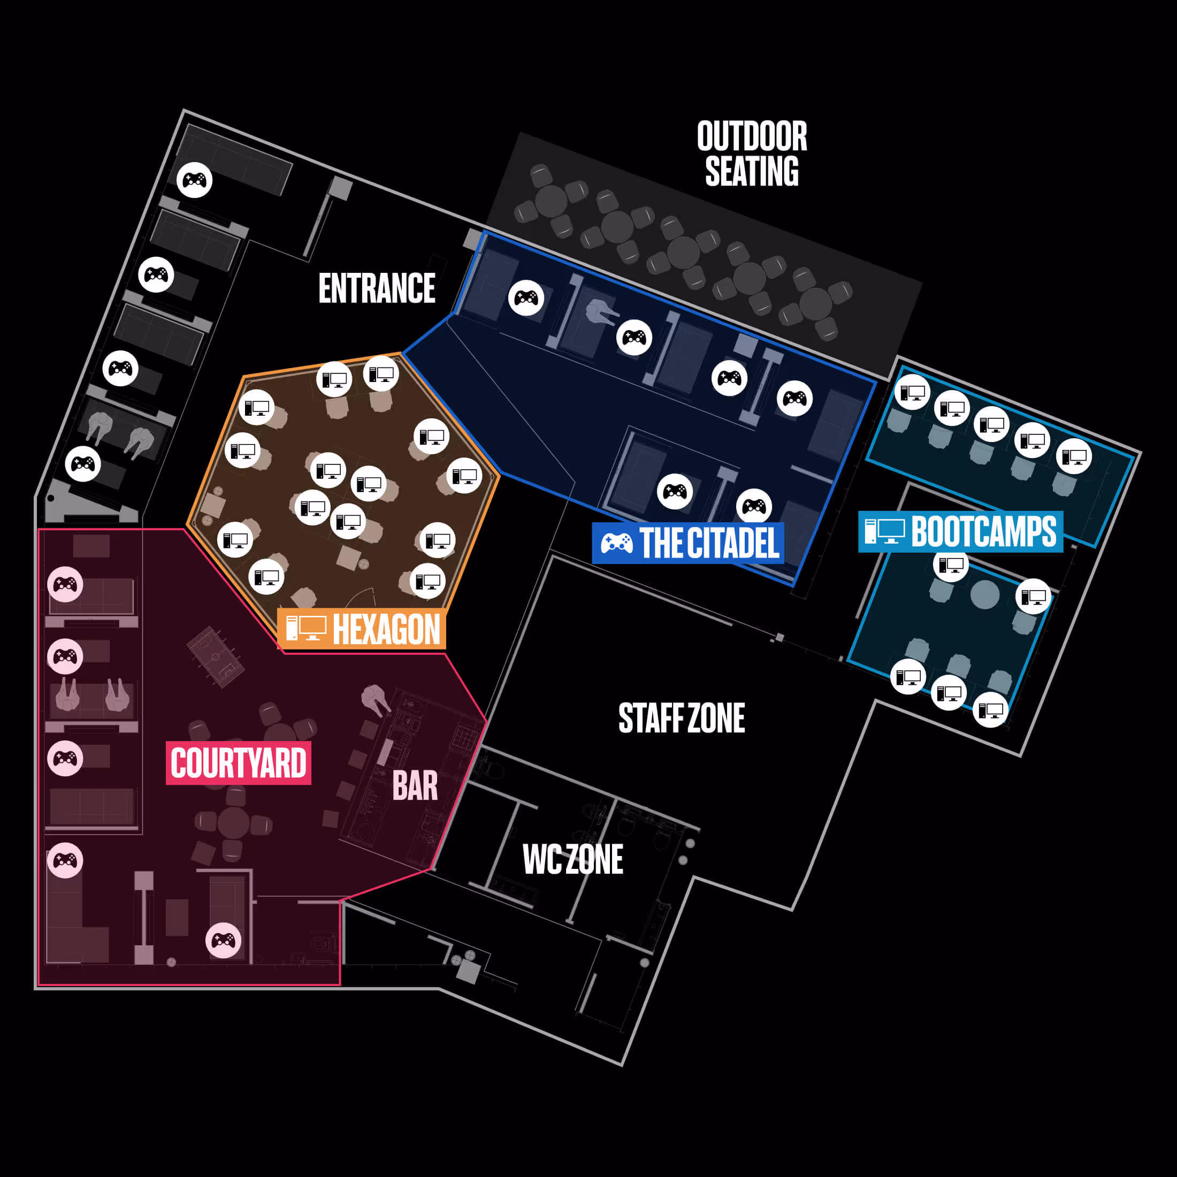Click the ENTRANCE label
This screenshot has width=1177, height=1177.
(377, 288)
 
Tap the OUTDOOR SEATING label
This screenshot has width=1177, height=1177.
(752, 154)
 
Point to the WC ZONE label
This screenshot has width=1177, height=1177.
(572, 860)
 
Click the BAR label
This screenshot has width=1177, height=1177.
(415, 786)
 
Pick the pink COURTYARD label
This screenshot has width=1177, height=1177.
(238, 763)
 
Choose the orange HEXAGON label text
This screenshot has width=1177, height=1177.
(386, 629)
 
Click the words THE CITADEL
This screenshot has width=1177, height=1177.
(709, 543)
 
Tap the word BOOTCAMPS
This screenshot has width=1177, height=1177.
(983, 532)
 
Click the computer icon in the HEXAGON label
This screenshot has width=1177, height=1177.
(306, 629)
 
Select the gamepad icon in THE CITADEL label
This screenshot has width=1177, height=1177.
(616, 543)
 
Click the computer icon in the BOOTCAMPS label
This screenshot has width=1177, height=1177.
(884, 531)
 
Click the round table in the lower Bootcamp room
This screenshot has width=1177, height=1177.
(984, 594)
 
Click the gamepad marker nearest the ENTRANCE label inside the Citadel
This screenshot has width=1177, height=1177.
(526, 298)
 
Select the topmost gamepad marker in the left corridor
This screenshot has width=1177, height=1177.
(194, 180)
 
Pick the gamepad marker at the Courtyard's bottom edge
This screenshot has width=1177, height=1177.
(223, 941)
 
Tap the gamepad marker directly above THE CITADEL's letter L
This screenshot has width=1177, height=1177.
(754, 506)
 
